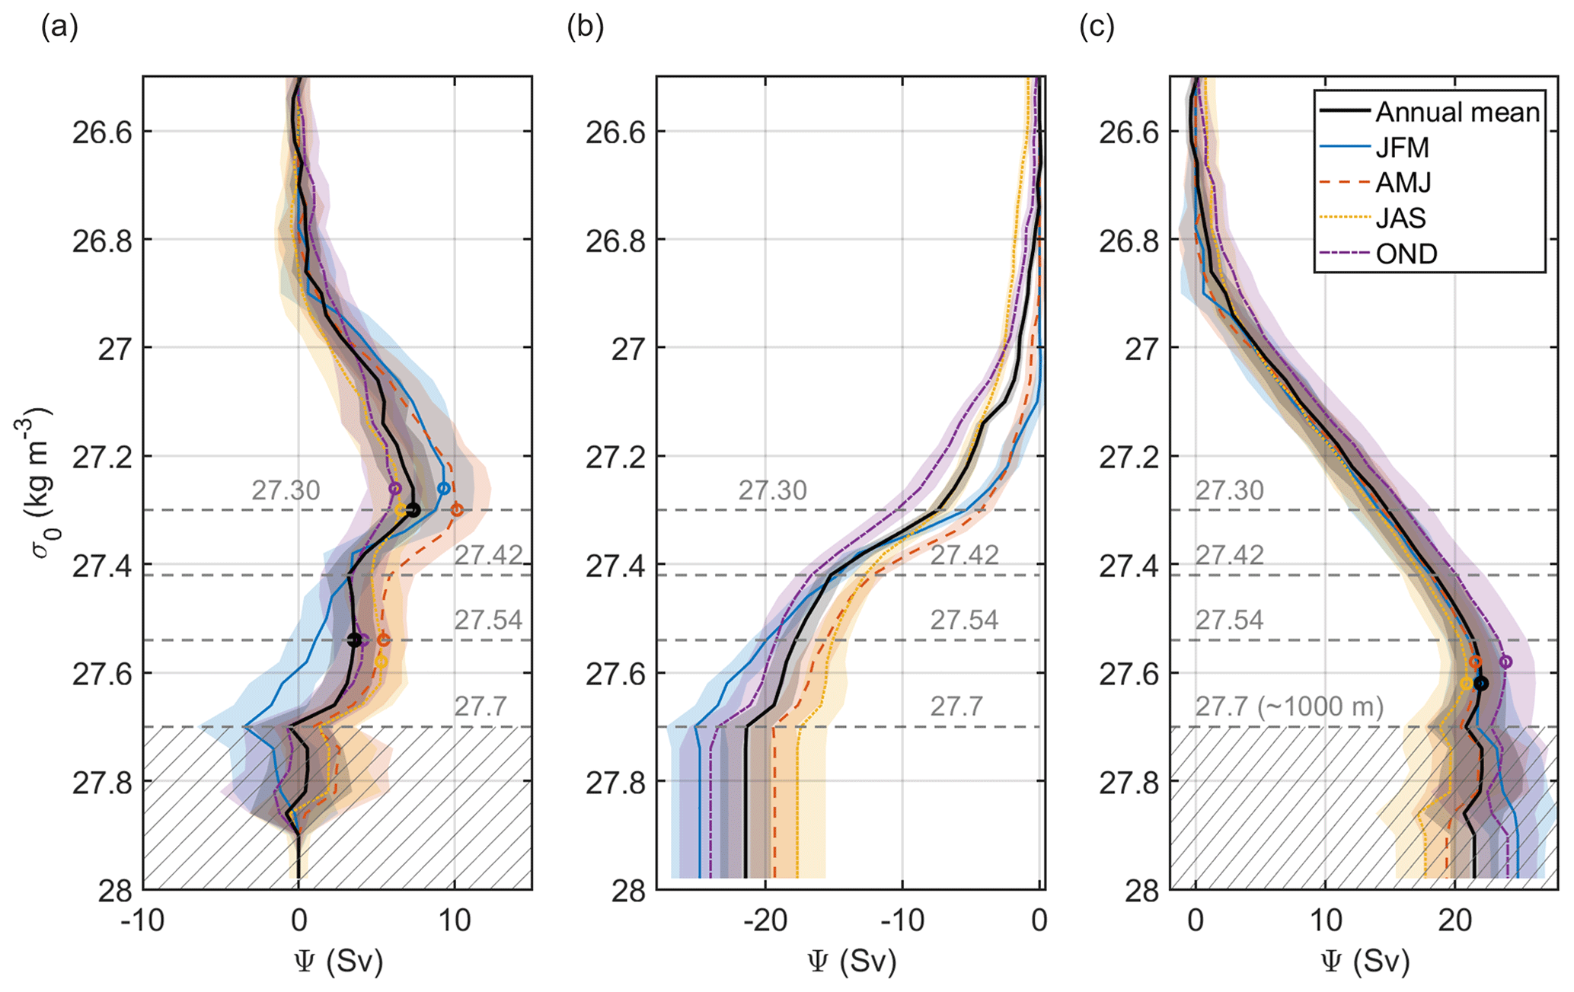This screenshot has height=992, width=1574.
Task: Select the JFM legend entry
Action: pyautogui.click(x=1402, y=148)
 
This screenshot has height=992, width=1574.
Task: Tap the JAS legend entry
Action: pyautogui.click(x=1400, y=218)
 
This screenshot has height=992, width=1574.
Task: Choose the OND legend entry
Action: pyautogui.click(x=1406, y=254)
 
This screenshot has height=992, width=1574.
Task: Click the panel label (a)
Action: pyautogui.click(x=59, y=27)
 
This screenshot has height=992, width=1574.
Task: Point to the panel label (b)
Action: pyautogui.click(x=585, y=27)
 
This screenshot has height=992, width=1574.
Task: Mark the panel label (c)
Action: pyautogui.click(x=1097, y=27)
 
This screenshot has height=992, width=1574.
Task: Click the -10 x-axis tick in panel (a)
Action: pyautogui.click(x=142, y=921)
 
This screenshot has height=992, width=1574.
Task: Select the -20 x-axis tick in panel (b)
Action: pyautogui.click(x=765, y=921)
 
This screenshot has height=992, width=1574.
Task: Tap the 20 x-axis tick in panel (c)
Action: pyautogui.click(x=1454, y=921)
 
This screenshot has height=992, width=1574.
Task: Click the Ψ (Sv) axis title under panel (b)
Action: pyautogui.click(x=851, y=963)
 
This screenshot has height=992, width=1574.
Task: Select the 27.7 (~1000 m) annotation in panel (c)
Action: pyautogui.click(x=1288, y=707)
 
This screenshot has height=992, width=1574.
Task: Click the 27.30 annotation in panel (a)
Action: pyautogui.click(x=286, y=490)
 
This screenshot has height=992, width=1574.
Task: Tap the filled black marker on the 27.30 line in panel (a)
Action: pyautogui.click(x=413, y=510)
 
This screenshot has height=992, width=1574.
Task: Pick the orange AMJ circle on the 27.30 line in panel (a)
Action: pyautogui.click(x=457, y=510)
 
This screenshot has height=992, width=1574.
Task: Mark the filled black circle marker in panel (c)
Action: pyautogui.click(x=1480, y=683)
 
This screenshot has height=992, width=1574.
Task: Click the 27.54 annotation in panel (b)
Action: pyautogui.click(x=963, y=620)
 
